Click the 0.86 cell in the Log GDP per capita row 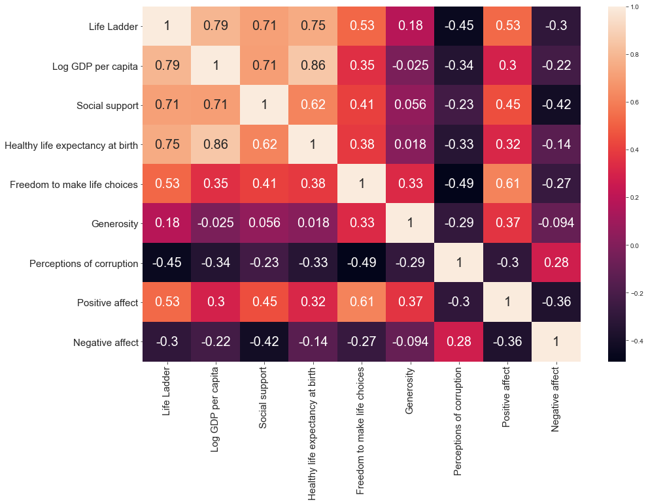(x=313, y=66)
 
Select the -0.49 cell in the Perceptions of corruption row (x=361, y=263)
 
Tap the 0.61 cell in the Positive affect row (x=361, y=302)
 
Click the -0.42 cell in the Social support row (x=555, y=105)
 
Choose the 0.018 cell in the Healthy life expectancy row (x=409, y=145)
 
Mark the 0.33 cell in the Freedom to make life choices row (x=409, y=184)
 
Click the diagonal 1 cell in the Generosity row (x=409, y=223)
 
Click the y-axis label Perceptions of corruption (x=84, y=263)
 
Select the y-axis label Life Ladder (x=114, y=27)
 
